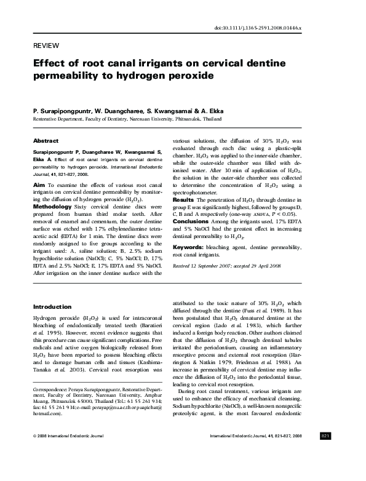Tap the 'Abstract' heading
[x=46, y=140]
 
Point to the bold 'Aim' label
[x=38, y=184]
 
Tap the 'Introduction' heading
[x=52, y=306]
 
